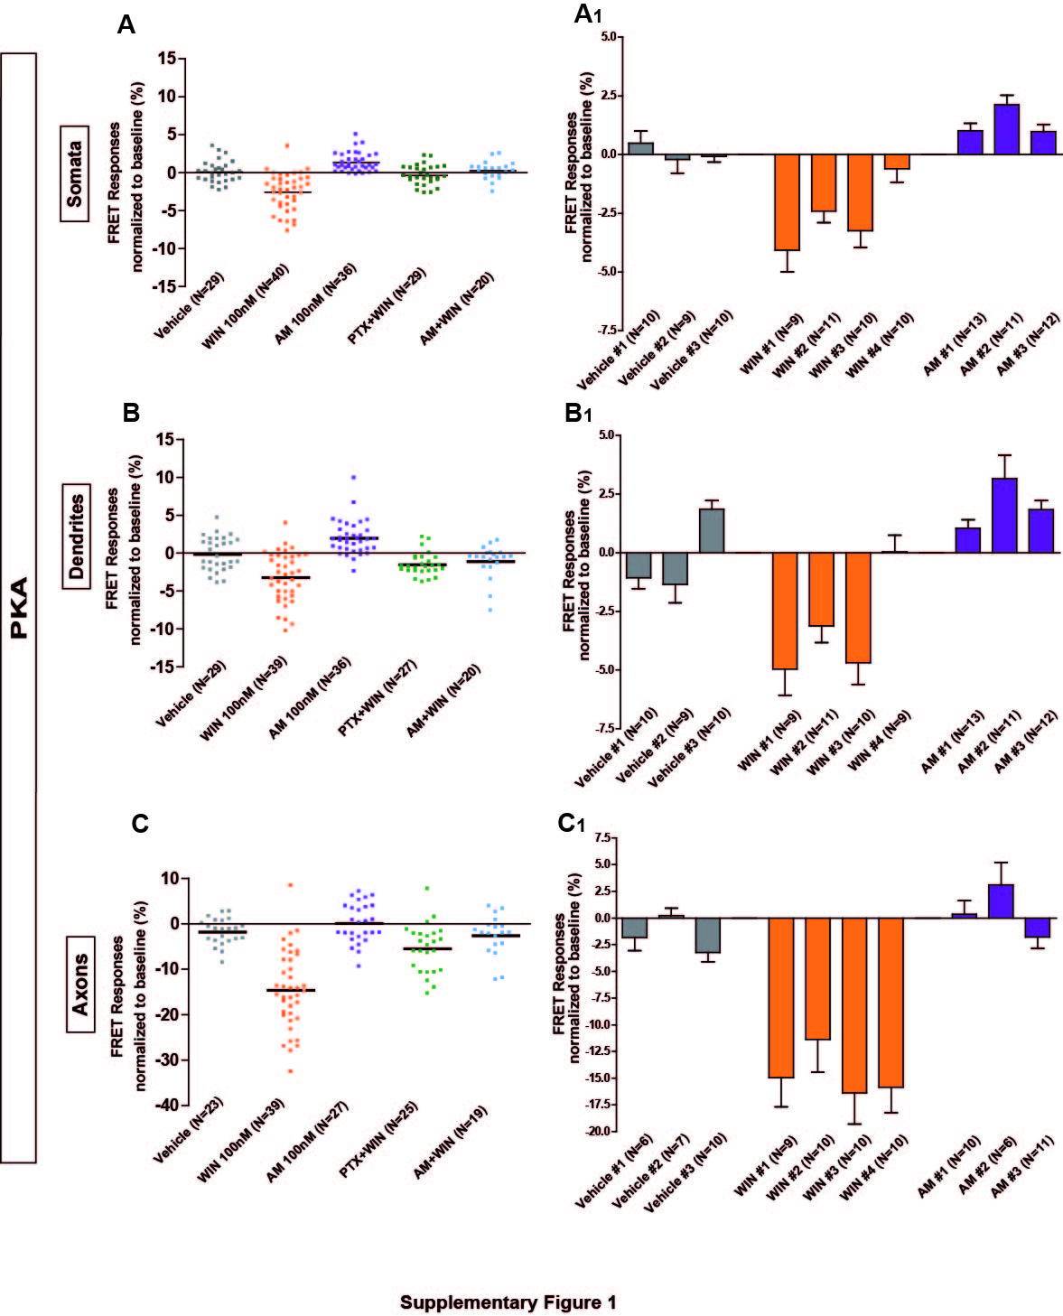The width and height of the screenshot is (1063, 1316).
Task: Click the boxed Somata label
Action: coord(75,173)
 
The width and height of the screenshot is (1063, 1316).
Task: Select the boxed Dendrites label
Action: coord(77,537)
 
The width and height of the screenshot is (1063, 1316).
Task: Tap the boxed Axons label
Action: coord(80,984)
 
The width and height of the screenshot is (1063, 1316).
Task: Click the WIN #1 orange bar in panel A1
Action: coord(788,202)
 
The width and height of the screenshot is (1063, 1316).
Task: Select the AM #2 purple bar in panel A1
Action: coord(1007,129)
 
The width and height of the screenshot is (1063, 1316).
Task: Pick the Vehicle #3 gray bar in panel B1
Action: coord(712,531)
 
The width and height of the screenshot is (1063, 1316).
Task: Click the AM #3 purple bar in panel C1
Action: coord(1037,928)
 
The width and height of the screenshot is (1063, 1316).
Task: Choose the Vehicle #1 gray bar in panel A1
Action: coord(641,149)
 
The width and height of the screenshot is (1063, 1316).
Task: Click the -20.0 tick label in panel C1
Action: coord(599,1131)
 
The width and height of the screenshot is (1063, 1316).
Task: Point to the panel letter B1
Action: coord(577,413)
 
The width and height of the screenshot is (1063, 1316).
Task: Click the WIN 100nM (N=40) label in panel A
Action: coord(246,306)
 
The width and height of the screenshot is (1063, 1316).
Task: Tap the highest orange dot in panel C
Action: coord(290,885)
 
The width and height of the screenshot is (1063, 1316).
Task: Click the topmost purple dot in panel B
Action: coord(353,477)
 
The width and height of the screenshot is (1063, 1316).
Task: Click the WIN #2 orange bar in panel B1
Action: coord(822,590)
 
